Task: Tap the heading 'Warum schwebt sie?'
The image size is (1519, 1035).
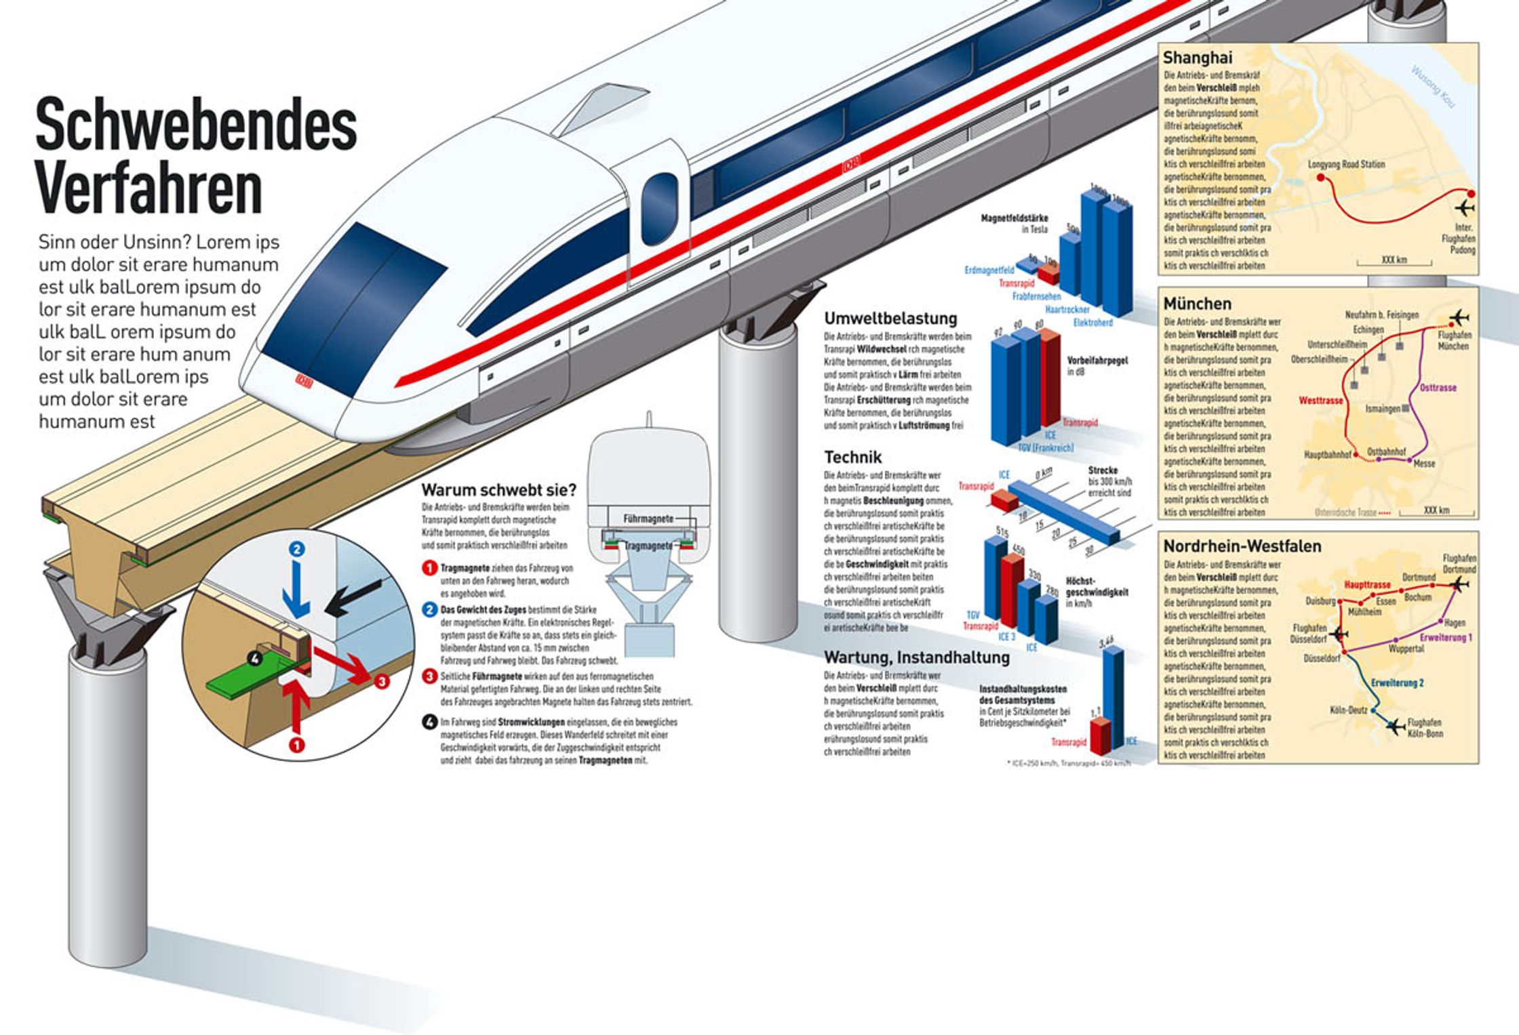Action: [498, 489]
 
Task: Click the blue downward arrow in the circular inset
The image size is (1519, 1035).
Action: [296, 583]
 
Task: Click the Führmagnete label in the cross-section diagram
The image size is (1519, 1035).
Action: [648, 519]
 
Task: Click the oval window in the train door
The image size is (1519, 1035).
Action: [659, 208]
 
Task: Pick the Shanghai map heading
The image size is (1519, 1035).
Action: [1198, 58]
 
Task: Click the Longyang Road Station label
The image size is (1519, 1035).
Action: [1346, 164]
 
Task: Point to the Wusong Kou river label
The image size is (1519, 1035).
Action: [1433, 86]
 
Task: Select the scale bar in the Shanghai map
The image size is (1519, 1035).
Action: [1394, 261]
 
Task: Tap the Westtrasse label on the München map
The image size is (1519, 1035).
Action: [1320, 401]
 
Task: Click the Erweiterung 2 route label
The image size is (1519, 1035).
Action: [1397, 683]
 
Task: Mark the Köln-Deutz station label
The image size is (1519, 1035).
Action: [1348, 710]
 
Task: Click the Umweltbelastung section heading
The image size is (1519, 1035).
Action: [890, 319]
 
